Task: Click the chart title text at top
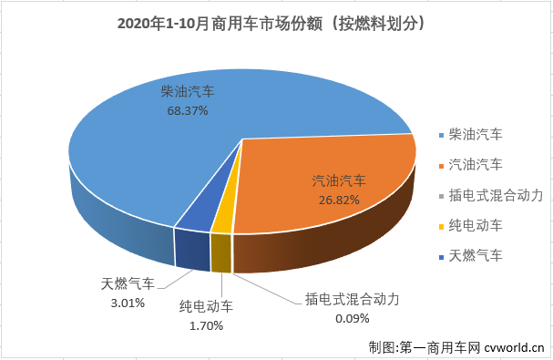coord(275,19)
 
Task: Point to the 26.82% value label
coord(336,198)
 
